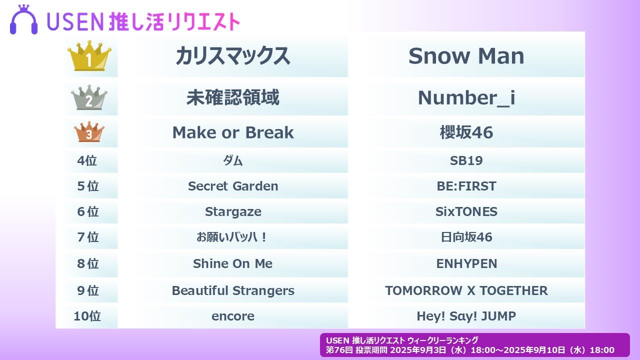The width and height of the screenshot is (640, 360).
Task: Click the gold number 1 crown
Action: point(89,55)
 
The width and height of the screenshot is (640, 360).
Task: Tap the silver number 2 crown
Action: point(89,97)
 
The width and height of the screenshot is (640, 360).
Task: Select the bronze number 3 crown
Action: point(89,131)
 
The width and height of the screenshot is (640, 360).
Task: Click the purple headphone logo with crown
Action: point(23,19)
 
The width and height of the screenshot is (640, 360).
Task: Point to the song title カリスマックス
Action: point(233,56)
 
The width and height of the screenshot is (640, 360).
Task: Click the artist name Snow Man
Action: point(466,56)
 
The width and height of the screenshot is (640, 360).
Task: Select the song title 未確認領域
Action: point(233,97)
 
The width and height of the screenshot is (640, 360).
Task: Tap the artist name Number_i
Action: point(466,98)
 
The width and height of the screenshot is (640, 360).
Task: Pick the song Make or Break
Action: point(233,132)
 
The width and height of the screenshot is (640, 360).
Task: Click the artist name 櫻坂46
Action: point(466,132)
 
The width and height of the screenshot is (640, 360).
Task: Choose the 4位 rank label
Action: point(87,160)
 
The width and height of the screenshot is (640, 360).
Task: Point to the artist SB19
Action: point(466,160)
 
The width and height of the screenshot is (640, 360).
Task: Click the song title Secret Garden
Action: point(233,186)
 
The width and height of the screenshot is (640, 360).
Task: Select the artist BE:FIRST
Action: point(466,186)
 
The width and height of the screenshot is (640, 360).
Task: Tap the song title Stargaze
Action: point(233,212)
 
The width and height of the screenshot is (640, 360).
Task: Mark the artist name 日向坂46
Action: point(466,237)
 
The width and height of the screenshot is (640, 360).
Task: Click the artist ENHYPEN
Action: point(466,263)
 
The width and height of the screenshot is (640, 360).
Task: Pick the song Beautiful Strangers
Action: point(233,291)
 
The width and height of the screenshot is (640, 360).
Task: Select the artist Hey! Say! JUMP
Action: point(466,316)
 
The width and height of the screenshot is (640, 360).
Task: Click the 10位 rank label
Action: point(87,316)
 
